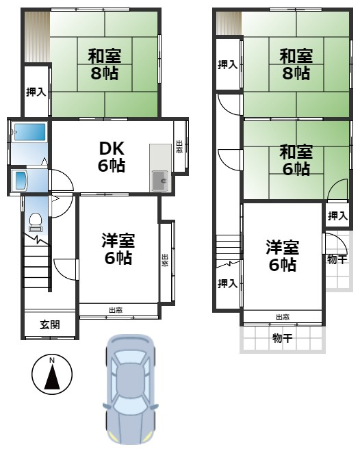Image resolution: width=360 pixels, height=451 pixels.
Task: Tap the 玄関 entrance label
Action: click(x=49, y=324)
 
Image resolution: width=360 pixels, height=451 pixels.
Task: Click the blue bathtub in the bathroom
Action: click(x=29, y=133)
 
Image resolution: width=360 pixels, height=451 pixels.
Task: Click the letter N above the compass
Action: click(x=52, y=360)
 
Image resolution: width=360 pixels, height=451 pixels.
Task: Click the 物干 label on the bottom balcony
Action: click(x=281, y=337)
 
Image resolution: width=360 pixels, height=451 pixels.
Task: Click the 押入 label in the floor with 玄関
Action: click(x=36, y=92)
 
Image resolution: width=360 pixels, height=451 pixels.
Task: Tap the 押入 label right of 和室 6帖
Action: click(x=337, y=216)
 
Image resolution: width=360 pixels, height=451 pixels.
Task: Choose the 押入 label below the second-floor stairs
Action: click(x=227, y=283)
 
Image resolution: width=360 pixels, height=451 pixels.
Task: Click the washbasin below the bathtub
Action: click(x=21, y=181)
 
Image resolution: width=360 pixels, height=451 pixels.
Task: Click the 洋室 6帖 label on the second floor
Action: click(x=282, y=255)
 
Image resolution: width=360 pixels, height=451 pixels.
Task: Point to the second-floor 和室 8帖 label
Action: click(x=296, y=64)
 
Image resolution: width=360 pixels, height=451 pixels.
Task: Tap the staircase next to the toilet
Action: click(x=37, y=263)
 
